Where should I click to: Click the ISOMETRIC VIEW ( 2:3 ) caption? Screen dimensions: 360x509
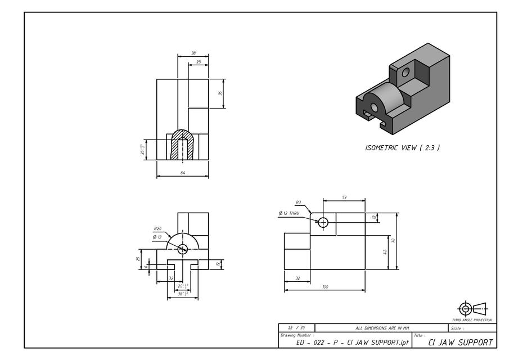click(402, 148)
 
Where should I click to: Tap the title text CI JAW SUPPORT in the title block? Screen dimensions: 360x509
click(461, 342)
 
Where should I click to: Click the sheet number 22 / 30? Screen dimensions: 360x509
click(296, 327)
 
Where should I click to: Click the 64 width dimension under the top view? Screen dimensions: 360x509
click(183, 173)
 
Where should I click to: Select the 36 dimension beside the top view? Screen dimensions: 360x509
click(220, 93)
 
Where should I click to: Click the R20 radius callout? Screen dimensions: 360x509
click(158, 229)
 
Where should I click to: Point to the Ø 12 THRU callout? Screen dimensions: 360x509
click(289, 213)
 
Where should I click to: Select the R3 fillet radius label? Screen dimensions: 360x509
click(298, 202)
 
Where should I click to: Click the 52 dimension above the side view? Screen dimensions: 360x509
click(344, 197)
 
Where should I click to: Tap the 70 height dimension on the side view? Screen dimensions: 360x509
click(394, 241)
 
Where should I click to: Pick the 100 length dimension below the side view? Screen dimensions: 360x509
click(325, 287)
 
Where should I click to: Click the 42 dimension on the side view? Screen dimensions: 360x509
click(385, 252)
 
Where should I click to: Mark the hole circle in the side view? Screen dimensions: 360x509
click(323, 222)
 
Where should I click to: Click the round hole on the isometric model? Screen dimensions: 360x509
click(406, 72)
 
